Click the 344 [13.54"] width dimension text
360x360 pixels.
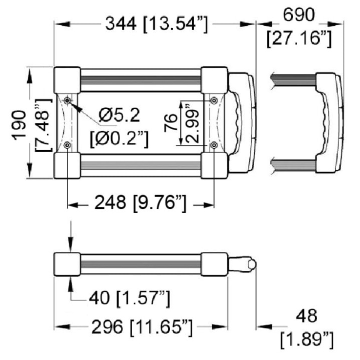click(x=156, y=24)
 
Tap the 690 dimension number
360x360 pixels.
click(x=298, y=14)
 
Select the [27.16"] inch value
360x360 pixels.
click(x=299, y=38)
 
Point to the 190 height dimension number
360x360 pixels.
click(x=19, y=125)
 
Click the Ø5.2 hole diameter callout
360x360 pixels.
click(x=119, y=115)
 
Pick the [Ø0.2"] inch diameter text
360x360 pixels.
click(x=119, y=138)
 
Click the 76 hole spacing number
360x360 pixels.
click(x=171, y=123)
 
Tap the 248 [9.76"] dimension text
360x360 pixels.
click(x=140, y=202)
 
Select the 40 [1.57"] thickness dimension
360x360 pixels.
click(x=129, y=298)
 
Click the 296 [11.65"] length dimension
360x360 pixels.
click(x=142, y=327)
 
